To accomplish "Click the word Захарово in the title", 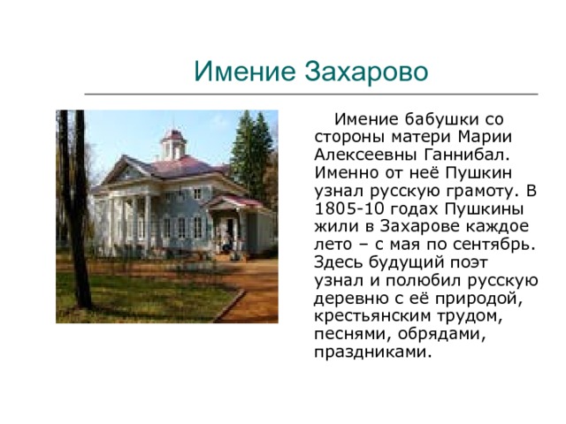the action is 366,72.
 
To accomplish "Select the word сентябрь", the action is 493,245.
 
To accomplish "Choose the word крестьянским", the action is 373,316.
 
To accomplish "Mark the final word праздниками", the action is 373,352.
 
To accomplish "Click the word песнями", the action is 354,334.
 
